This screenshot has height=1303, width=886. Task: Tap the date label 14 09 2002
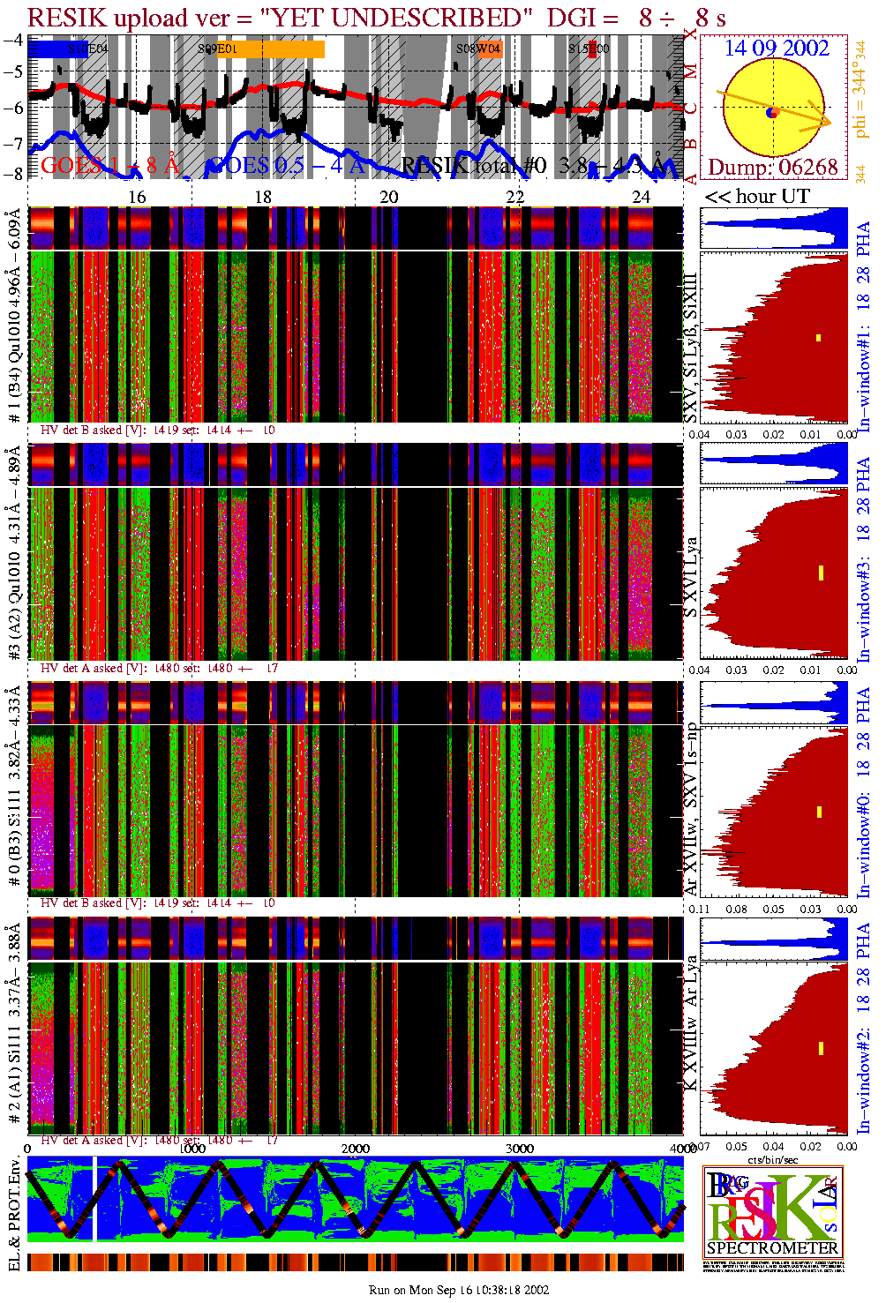point(777,48)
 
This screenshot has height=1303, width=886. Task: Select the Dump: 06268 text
point(772,167)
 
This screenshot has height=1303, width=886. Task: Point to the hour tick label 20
point(389,197)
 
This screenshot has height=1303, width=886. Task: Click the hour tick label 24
point(642,197)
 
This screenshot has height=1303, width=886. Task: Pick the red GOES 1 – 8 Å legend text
point(109,164)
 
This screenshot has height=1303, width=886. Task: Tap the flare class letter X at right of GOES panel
point(691,34)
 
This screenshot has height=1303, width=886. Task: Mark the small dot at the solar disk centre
point(772,112)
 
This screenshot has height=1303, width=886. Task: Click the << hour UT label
point(756,197)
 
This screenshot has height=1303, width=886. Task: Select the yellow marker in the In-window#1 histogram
point(819,338)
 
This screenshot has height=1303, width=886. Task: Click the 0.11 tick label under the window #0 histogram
point(699,909)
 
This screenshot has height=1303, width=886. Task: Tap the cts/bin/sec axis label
point(772,1159)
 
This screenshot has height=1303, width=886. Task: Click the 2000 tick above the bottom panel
point(356,1148)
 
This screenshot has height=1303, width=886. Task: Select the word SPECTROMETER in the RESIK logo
point(773,1248)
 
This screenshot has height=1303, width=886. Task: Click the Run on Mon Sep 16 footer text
point(459,1290)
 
